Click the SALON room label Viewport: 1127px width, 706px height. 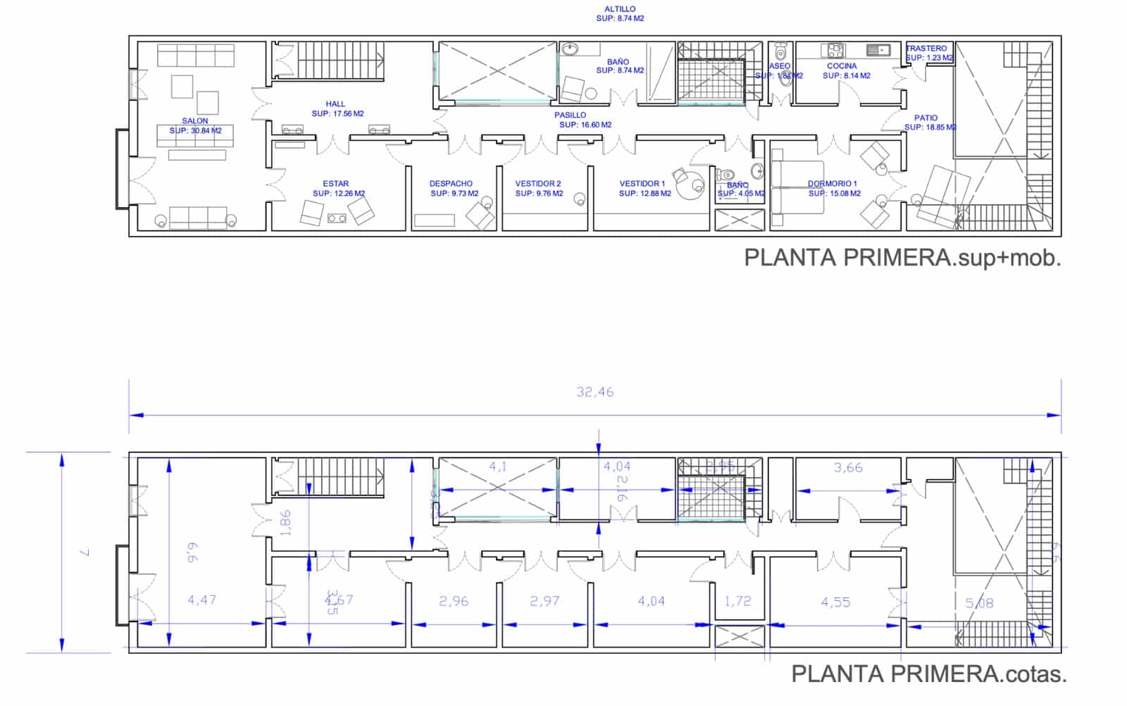coord(195,121)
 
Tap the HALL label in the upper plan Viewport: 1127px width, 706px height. coord(335,104)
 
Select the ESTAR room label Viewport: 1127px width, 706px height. coord(336,184)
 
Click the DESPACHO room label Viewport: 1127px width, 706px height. coord(451,184)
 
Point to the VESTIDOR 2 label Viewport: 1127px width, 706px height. coord(538,184)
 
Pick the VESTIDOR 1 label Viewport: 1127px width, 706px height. coord(642,184)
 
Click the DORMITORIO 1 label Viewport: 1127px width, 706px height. coord(832,184)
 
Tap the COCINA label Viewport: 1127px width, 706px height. coord(842,66)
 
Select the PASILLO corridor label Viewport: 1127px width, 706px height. coord(570,116)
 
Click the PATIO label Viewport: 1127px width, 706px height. coord(926,118)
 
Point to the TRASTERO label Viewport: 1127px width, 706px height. coord(927,49)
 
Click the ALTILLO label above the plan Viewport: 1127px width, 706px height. coord(620,9)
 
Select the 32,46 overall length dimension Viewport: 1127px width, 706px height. coord(595,392)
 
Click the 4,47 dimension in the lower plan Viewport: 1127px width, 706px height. coord(202,600)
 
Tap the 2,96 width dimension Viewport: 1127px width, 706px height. coord(454,602)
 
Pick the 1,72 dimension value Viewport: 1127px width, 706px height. coord(738,602)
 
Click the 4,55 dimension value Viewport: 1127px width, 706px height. coord(835,602)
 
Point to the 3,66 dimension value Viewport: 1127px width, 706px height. coord(848,468)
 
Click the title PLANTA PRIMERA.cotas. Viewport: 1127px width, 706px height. coord(929,674)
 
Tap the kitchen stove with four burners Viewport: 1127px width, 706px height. coord(835,50)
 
